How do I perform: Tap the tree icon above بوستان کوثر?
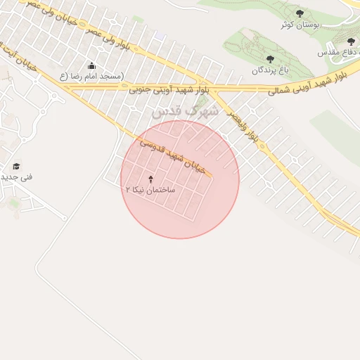300,13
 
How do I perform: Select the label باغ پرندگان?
271,70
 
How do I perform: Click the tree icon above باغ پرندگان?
271,59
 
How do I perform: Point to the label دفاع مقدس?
338,53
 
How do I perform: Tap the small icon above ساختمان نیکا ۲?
150,179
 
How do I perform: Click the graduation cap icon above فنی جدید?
16,166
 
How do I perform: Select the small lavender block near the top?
160,36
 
